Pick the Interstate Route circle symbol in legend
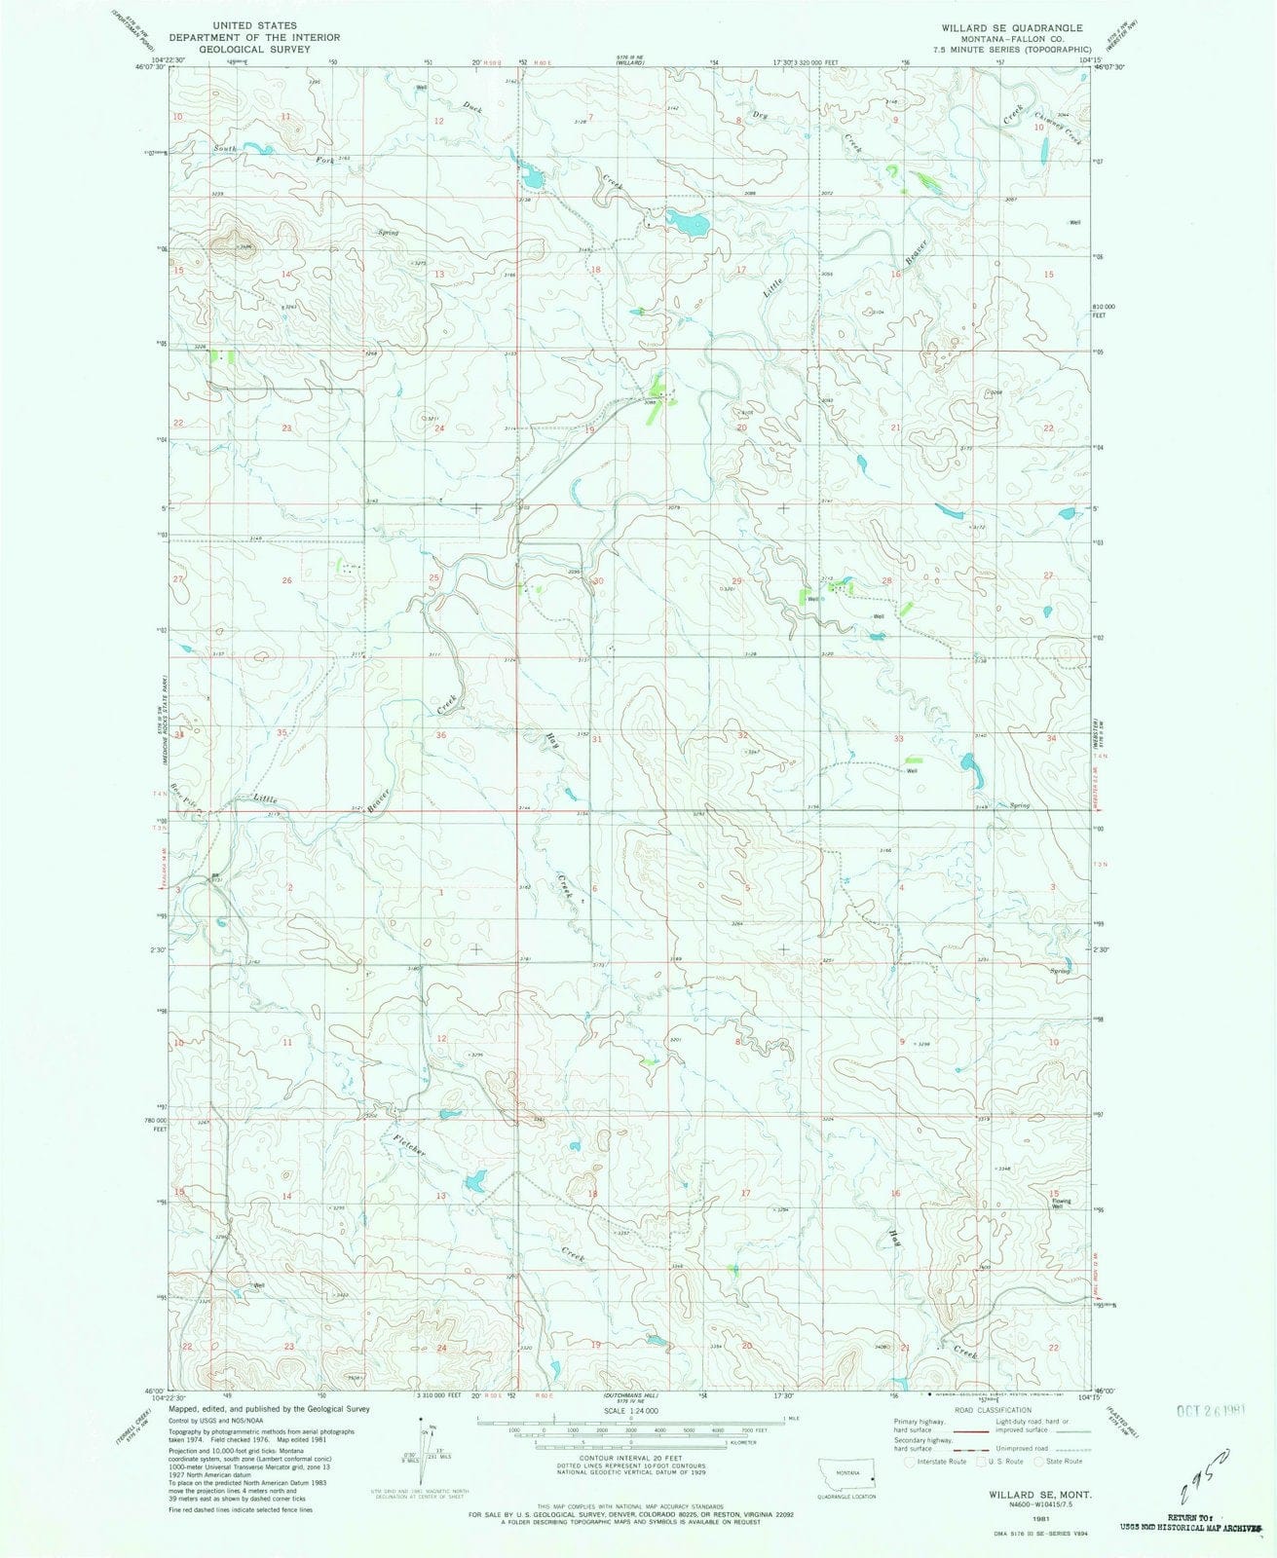[910, 1461]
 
